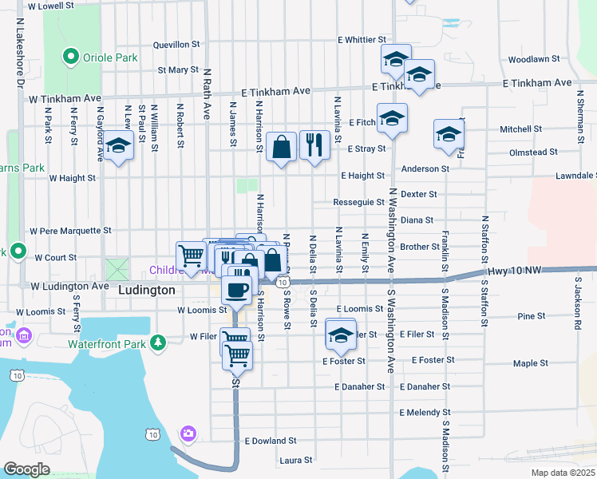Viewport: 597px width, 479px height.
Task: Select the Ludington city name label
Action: (x=146, y=291)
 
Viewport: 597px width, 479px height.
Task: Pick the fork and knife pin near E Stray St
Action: (x=314, y=145)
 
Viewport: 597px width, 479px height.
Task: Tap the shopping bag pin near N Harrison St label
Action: (x=281, y=147)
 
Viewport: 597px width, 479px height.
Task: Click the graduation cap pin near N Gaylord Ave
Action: (x=118, y=146)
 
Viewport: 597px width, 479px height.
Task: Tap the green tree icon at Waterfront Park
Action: (x=159, y=342)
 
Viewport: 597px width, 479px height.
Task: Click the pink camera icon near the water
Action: (x=188, y=433)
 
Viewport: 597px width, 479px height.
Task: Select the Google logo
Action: (x=26, y=469)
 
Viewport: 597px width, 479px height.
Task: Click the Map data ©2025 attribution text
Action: (x=563, y=473)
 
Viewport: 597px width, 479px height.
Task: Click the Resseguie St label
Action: (x=359, y=203)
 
